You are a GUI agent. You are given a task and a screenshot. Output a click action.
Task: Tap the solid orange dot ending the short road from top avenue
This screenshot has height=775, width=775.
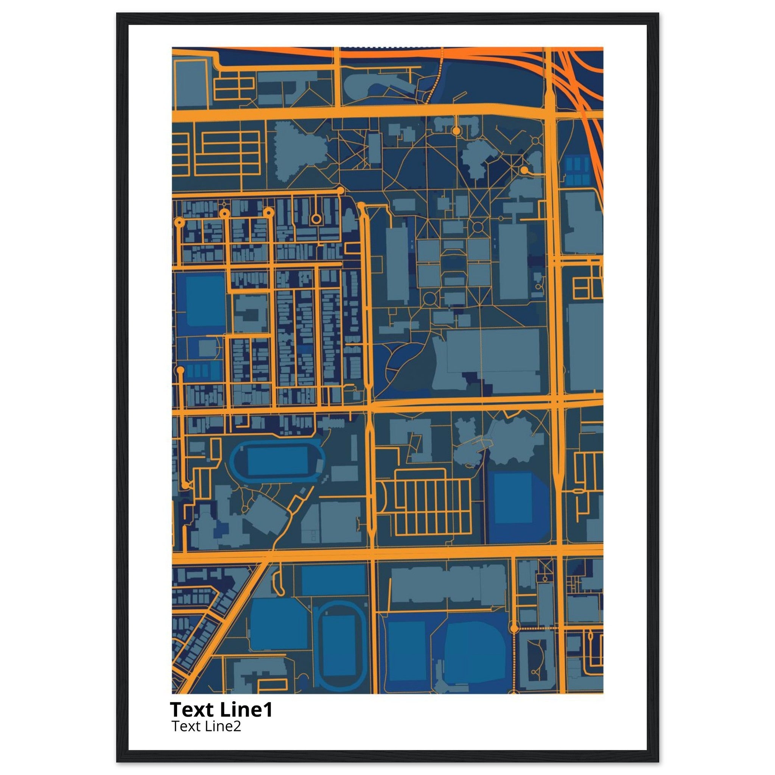click(x=456, y=131)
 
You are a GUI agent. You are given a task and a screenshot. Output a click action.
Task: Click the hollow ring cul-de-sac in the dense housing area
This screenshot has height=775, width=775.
click(x=316, y=219)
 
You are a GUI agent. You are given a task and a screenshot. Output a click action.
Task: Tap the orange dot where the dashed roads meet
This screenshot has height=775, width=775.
click(x=514, y=627)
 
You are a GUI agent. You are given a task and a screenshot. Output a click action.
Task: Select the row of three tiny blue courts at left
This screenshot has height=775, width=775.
click(x=199, y=371)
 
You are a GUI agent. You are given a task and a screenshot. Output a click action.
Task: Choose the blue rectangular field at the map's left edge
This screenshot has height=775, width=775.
click(x=205, y=301)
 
